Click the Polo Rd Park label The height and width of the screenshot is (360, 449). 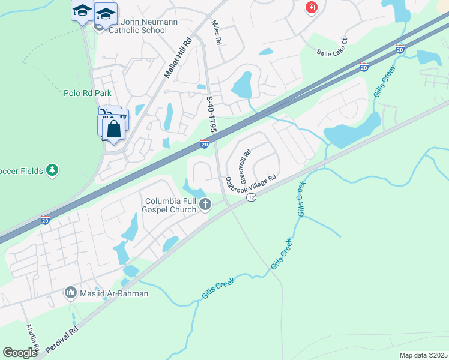88,93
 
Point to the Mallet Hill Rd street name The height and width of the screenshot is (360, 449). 178,58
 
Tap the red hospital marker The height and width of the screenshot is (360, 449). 311,8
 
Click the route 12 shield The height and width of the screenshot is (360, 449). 251,197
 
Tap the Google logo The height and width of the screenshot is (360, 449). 20,353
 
